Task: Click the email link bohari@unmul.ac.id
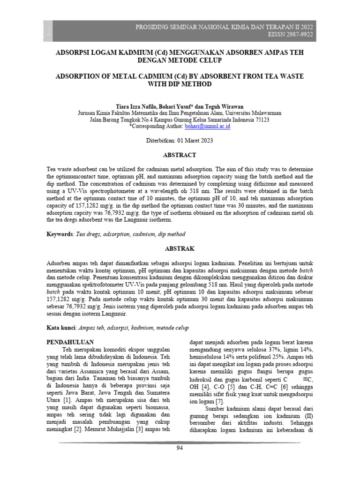208,127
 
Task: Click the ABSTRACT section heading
180,155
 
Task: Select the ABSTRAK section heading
180,248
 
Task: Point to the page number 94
180,448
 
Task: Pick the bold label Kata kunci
61,328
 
